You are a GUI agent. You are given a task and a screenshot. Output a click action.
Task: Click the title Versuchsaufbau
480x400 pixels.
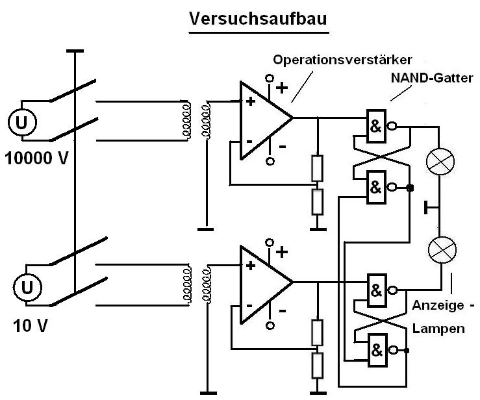[x=258, y=19]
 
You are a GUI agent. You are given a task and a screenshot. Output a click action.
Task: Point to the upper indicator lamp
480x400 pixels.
[x=440, y=162]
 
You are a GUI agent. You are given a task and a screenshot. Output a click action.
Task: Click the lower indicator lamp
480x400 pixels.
[x=440, y=249]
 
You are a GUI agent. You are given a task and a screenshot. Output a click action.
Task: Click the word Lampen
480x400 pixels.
[x=438, y=329]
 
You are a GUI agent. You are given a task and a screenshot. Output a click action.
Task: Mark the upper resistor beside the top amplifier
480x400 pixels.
[x=317, y=168]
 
